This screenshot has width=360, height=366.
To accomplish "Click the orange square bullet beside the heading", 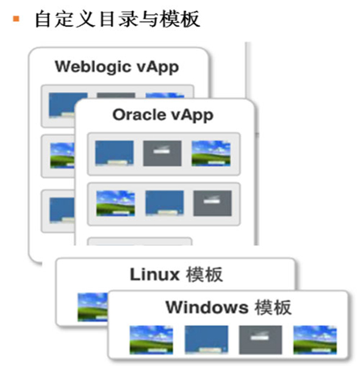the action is point(16,18).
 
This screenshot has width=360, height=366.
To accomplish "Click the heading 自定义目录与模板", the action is point(117,19).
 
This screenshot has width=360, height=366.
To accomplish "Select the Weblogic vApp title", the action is point(117,67).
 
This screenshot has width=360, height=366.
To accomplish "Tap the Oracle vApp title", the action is point(163,115).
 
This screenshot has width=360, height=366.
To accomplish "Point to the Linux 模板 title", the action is point(176,274).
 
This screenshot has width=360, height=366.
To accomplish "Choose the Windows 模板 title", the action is point(229,307).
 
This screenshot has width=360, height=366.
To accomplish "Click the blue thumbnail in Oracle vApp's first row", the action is point(114,153).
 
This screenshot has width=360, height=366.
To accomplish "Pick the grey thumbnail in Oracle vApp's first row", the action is point(162,153).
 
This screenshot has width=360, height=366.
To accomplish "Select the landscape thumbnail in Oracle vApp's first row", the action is point(211,153).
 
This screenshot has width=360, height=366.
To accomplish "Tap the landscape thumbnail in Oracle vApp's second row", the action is point(115,203).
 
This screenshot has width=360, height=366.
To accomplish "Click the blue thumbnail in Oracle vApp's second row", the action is point(165,203).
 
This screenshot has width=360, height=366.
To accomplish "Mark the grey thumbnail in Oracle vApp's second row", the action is point(212,203).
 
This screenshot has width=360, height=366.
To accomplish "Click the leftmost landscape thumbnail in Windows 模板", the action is point(151,340).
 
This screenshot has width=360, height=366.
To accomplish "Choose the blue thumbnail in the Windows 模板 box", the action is point(206,340).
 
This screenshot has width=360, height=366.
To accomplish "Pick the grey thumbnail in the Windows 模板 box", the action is point(261,340).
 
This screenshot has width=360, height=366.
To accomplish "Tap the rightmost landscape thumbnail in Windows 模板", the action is point(315,340).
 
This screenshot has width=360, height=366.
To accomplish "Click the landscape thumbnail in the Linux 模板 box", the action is point(93,307).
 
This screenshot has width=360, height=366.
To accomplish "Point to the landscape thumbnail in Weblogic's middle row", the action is point(62,156).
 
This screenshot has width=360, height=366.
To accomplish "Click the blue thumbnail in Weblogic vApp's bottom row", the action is point(62,210).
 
